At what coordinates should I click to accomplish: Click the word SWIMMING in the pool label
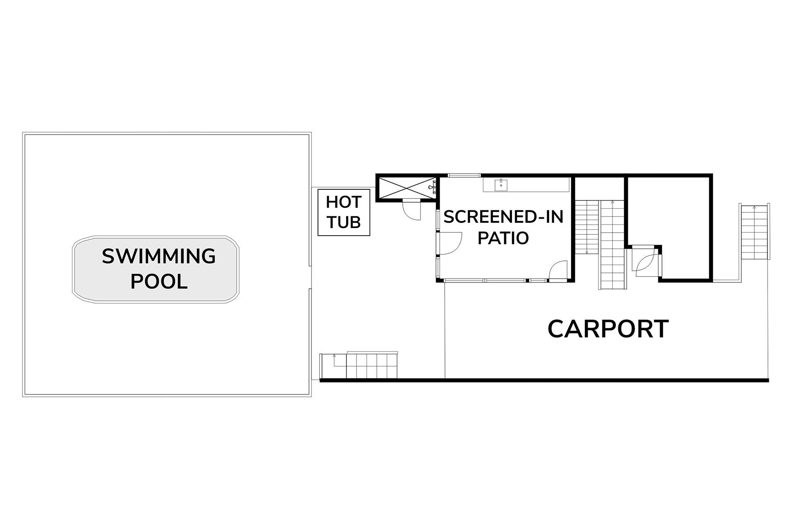click(159, 256)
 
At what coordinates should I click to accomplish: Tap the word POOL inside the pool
click(159, 282)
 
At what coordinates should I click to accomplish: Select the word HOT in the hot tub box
click(344, 203)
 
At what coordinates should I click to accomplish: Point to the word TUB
click(344, 222)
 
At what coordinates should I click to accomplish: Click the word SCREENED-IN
click(503, 217)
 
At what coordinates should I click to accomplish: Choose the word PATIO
click(503, 238)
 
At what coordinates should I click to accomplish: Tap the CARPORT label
click(608, 329)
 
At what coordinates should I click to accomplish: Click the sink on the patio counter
click(501, 185)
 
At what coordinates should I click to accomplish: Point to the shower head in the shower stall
click(433, 187)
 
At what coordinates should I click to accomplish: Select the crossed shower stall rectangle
click(407, 188)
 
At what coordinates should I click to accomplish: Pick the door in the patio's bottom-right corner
click(558, 271)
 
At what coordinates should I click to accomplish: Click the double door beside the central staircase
click(643, 260)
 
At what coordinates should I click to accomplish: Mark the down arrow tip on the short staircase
click(587, 253)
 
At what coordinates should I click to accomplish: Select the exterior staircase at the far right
click(754, 232)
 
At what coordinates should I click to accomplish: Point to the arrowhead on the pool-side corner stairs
click(334, 355)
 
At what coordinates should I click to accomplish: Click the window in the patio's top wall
click(464, 176)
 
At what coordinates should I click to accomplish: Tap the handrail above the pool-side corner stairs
click(372, 353)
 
